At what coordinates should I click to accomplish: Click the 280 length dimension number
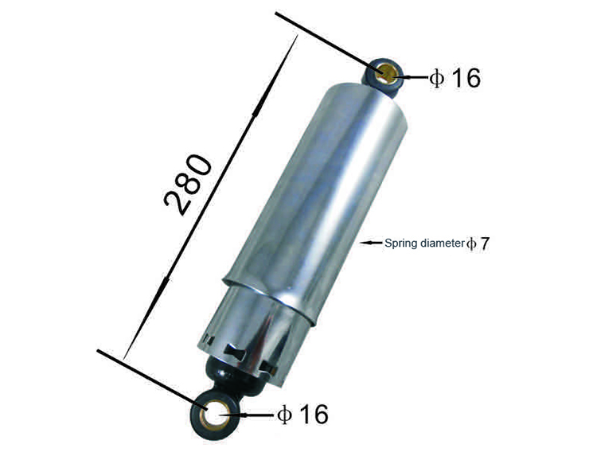point(187,185)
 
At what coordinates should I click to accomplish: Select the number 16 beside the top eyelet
point(466,78)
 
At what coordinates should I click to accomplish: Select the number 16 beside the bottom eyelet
point(314,415)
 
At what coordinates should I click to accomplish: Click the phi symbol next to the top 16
point(436,78)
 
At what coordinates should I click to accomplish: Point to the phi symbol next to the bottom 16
point(284,415)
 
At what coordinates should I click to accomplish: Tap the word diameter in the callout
point(443,243)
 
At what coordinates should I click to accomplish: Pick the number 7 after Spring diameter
point(484,244)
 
